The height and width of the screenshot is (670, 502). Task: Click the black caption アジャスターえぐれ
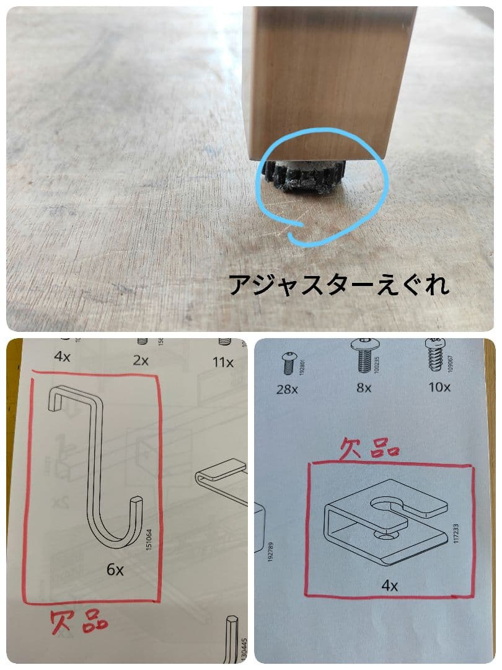click(338, 285)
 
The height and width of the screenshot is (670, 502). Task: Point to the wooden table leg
click(328, 81)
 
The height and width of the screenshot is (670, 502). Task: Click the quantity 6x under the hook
click(115, 569)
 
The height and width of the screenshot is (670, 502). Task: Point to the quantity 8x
click(364, 388)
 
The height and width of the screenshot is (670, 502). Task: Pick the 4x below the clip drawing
click(389, 584)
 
